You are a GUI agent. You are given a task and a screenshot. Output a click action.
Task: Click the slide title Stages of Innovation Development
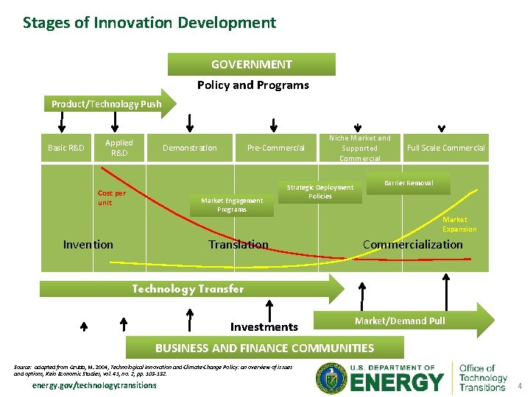(149, 23)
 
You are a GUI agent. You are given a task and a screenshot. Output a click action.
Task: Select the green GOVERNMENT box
(251, 65)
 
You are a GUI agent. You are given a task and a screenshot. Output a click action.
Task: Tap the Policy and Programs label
(252, 85)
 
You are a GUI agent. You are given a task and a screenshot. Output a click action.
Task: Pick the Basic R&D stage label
(66, 148)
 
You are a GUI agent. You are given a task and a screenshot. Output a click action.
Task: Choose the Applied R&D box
(119, 148)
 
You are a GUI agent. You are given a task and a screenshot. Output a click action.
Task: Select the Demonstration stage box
(190, 148)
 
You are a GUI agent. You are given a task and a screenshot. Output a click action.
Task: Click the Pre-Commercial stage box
(276, 148)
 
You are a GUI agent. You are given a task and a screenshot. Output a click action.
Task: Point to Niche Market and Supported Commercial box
(359, 148)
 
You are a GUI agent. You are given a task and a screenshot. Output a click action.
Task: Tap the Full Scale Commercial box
(445, 148)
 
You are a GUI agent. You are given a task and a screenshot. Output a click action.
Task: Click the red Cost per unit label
(112, 198)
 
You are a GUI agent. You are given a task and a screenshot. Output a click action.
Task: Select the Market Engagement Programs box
(232, 205)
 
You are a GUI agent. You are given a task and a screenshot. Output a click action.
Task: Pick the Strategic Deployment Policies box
(320, 192)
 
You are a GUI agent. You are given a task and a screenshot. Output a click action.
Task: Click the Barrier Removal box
(409, 183)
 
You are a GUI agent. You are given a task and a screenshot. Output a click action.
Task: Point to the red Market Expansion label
(459, 224)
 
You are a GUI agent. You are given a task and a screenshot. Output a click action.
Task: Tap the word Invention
(88, 245)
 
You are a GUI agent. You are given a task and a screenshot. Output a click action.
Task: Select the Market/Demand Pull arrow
(401, 321)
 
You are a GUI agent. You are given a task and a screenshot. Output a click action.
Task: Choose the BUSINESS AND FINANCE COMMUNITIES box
(264, 348)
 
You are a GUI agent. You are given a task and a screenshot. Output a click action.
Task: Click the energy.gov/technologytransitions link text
(93, 385)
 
